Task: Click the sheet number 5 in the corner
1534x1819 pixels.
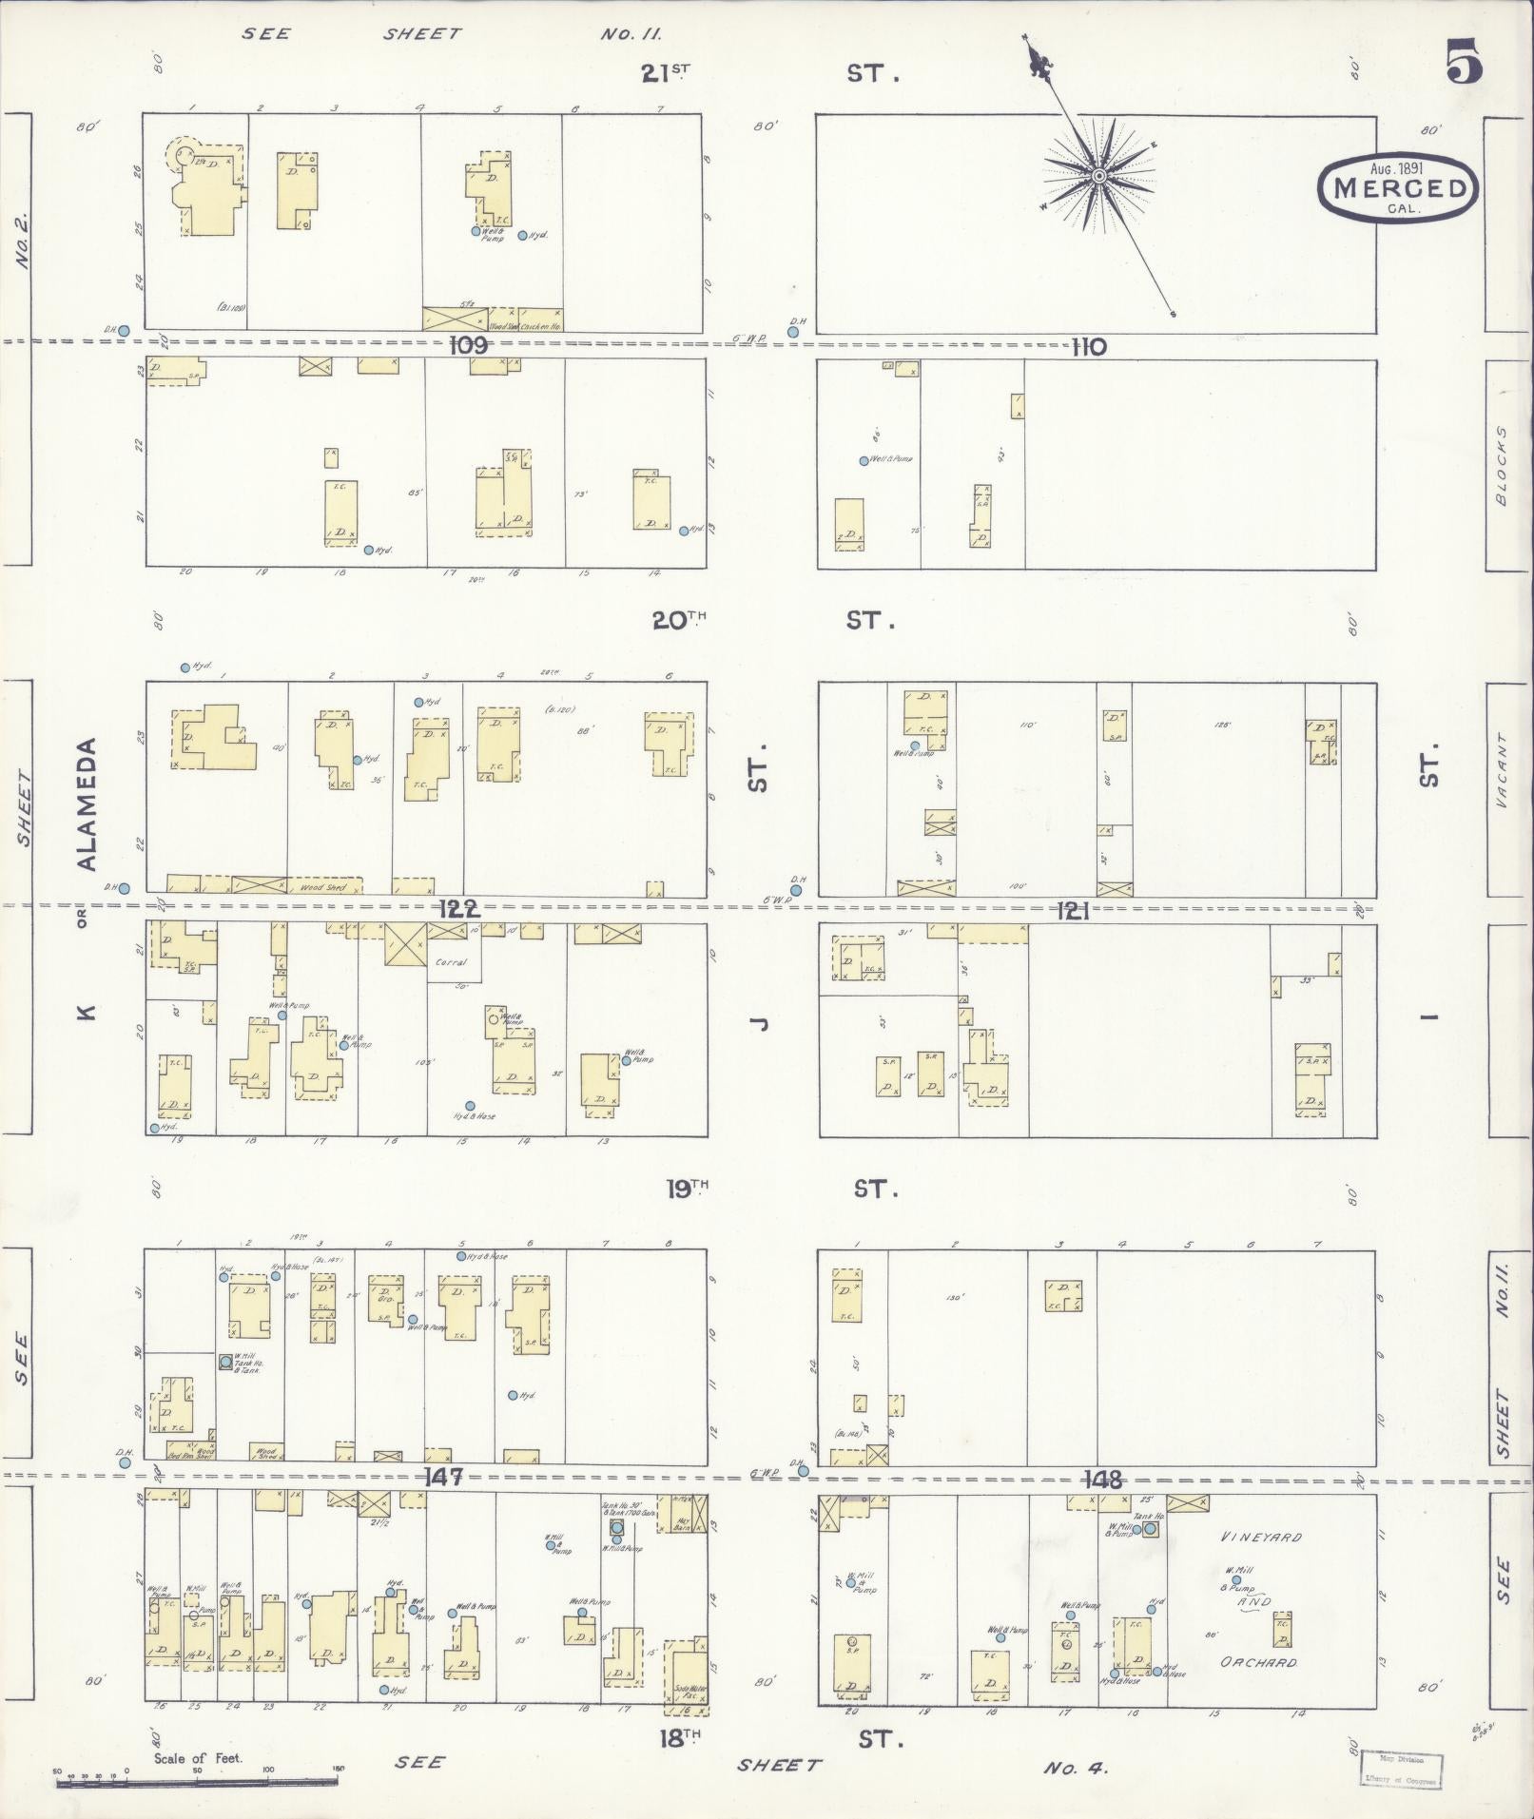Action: pyautogui.click(x=1465, y=65)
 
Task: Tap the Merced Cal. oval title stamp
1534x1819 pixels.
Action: pyautogui.click(x=1398, y=187)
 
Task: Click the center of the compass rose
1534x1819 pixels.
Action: pyautogui.click(x=1099, y=176)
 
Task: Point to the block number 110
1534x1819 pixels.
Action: pyautogui.click(x=1088, y=347)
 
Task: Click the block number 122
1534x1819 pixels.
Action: pyautogui.click(x=458, y=910)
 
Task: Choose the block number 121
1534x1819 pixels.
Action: pyautogui.click(x=1072, y=912)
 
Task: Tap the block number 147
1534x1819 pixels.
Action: pyautogui.click(x=443, y=1477)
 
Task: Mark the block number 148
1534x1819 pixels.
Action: pyautogui.click(x=1101, y=1480)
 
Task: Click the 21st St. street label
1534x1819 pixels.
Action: pyautogui.click(x=666, y=73)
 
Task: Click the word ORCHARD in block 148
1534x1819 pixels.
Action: pyautogui.click(x=1259, y=1663)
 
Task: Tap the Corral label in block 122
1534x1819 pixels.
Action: pyautogui.click(x=451, y=962)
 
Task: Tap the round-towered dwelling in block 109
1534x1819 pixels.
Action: pyautogui.click(x=207, y=188)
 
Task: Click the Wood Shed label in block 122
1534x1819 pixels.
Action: pyautogui.click(x=317, y=887)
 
